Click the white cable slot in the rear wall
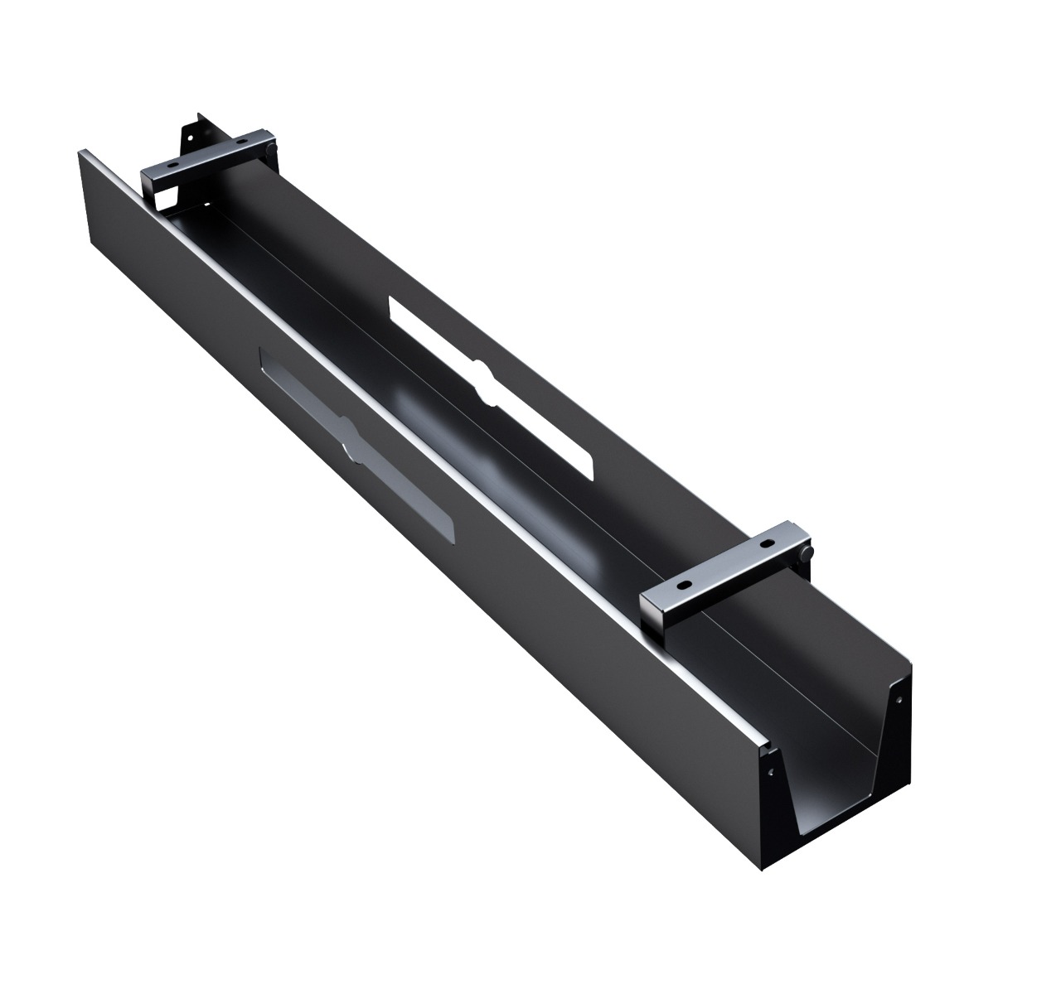coord(489,386)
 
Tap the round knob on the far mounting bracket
coord(271,147)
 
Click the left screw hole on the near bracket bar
coord(685,584)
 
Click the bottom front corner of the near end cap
coord(761,869)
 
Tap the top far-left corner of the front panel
coord(80,152)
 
